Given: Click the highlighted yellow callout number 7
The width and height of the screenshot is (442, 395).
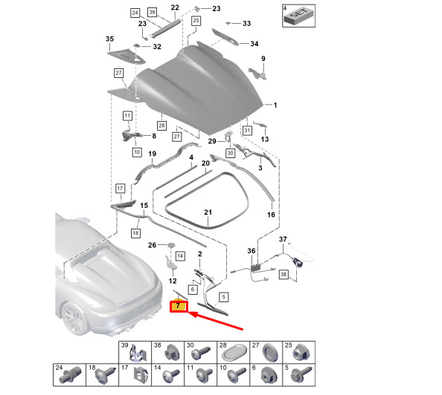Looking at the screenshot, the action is tap(178, 306).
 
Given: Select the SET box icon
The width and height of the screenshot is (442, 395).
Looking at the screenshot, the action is tap(299, 16).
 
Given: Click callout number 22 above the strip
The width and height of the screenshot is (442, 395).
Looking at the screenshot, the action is tap(175, 7).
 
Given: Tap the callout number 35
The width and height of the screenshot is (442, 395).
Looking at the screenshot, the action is tap(109, 39).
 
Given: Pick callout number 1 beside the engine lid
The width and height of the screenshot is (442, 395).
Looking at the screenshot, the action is tap(275, 105).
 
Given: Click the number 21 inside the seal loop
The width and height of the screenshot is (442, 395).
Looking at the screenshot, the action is tap(208, 212).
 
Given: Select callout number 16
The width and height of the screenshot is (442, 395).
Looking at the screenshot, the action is tap(271, 215).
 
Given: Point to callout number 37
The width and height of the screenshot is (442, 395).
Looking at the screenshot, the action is tap(283, 239).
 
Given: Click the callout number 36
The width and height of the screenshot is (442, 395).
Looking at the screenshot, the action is tap(252, 251).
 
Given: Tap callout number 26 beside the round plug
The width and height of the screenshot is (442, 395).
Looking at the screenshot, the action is tap(152, 245).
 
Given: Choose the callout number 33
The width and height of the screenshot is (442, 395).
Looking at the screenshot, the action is tap(246, 23).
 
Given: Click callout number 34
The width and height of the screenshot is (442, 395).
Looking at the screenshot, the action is tap(254, 44).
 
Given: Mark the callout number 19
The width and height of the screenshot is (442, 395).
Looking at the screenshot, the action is tap(152, 154).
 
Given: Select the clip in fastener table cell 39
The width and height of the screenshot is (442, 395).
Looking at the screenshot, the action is tap(138, 353).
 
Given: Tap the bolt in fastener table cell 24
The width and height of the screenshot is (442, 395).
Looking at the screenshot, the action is tap(70, 375).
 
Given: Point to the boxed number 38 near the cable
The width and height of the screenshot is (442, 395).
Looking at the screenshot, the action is tap(284, 274).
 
